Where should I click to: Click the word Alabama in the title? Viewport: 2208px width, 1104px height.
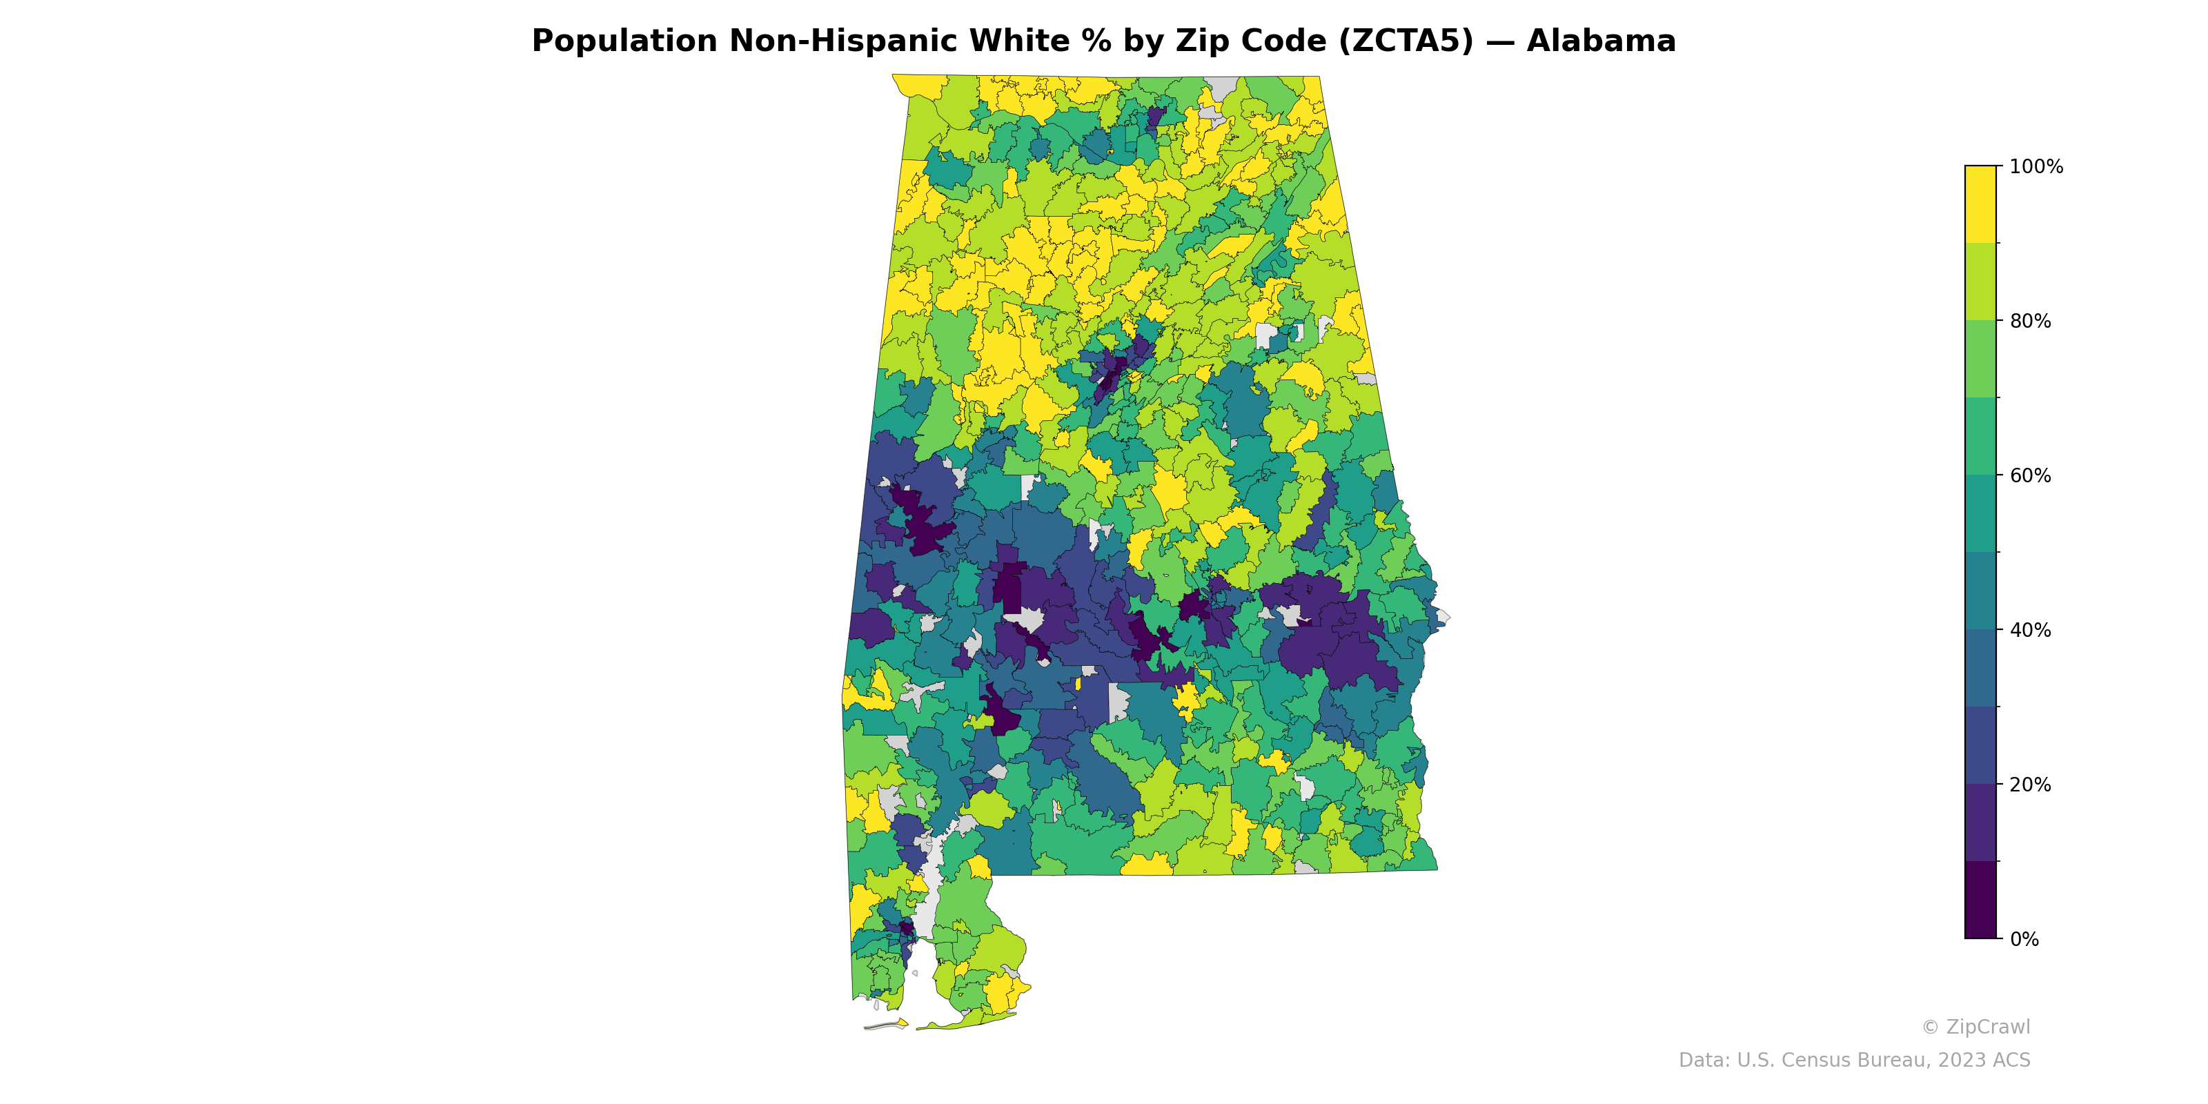1600,41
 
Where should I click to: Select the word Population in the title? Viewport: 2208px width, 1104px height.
624,41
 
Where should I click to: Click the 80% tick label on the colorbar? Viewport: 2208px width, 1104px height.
2030,322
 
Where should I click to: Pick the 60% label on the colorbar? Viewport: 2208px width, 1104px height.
2030,475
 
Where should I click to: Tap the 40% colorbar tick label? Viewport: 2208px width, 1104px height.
2030,630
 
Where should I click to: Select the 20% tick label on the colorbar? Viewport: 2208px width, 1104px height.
2030,785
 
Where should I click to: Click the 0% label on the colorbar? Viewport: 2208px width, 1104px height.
2024,939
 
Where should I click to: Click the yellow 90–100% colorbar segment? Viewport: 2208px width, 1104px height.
1980,204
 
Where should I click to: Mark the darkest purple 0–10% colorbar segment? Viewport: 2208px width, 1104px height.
1980,900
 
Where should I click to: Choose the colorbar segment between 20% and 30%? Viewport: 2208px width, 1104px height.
1980,745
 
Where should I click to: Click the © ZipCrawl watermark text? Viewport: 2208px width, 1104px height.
1975,1027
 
